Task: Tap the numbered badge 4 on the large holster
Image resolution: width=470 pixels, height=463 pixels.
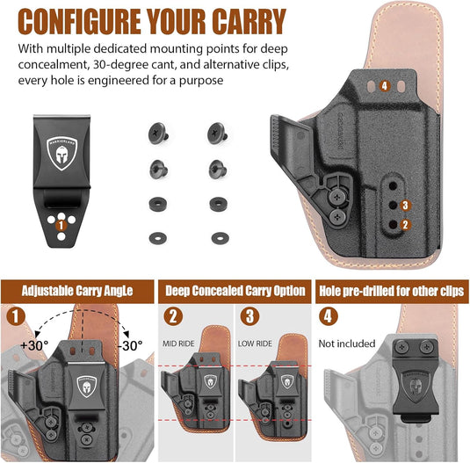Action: (x=384, y=86)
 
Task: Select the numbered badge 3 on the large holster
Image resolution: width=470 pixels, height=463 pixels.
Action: (x=404, y=205)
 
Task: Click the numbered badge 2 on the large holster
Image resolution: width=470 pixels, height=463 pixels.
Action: (x=404, y=224)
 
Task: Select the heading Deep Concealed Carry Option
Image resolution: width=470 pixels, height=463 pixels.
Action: (x=236, y=290)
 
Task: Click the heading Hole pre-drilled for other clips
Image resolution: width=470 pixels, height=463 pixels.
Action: (x=393, y=290)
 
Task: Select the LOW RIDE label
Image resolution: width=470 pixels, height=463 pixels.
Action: (x=257, y=343)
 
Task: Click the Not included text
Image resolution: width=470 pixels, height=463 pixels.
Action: (x=347, y=344)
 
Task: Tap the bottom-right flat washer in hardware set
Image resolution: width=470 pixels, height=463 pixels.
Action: (x=217, y=237)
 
